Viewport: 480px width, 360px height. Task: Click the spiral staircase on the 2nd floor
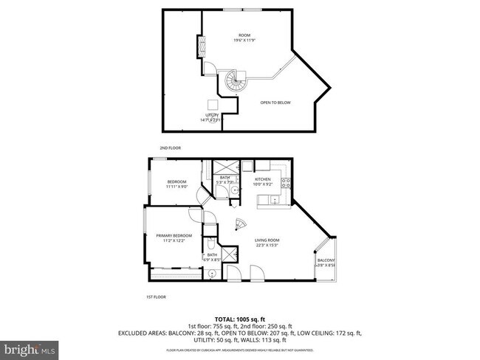pos(234,80)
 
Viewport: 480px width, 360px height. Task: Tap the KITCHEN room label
pos(263,179)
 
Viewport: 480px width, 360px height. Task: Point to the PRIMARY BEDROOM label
pos(174,236)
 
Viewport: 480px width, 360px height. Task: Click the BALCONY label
pos(326,260)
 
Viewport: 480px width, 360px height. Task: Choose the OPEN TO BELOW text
pos(275,103)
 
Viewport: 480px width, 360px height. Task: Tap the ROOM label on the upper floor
pos(244,35)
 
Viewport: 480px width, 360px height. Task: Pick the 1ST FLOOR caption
pos(155,297)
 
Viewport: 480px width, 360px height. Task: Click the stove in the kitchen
pos(290,187)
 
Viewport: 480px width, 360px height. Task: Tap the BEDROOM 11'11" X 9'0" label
pos(176,184)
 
